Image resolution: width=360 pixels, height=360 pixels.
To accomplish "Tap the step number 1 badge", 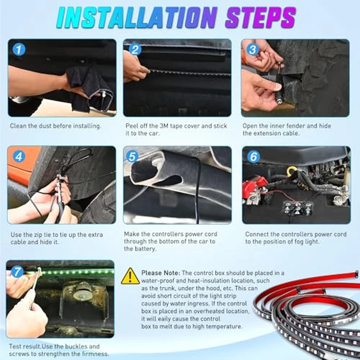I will tap(19, 49).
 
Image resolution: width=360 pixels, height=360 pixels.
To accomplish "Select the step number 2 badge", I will tap(135, 49).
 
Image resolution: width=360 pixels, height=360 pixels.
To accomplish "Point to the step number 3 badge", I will tap(253, 49).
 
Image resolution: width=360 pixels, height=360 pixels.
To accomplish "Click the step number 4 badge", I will tap(19, 156).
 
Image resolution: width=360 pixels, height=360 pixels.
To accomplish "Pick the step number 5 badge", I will tap(132, 156).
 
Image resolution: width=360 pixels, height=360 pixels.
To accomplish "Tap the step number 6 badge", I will tap(253, 156).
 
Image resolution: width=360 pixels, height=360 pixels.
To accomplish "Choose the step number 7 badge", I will tap(17, 272).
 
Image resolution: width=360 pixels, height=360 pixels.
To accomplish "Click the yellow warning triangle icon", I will tap(130, 276).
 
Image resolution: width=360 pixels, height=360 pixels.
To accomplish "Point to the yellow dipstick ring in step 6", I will tap(292, 170).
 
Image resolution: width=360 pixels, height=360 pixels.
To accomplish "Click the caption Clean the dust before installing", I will tap(56, 125).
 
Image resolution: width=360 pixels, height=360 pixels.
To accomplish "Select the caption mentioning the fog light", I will tap(295, 237).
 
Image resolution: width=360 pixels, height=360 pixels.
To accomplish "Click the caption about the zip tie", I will tap(56, 238).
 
